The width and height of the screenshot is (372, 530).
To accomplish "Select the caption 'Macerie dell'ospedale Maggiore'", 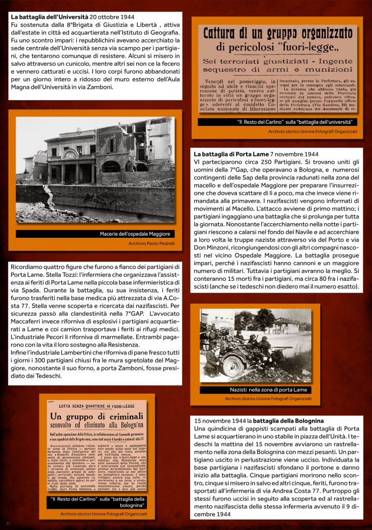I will coord(135,234).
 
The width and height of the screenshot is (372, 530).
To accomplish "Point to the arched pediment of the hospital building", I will coord(70,154).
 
